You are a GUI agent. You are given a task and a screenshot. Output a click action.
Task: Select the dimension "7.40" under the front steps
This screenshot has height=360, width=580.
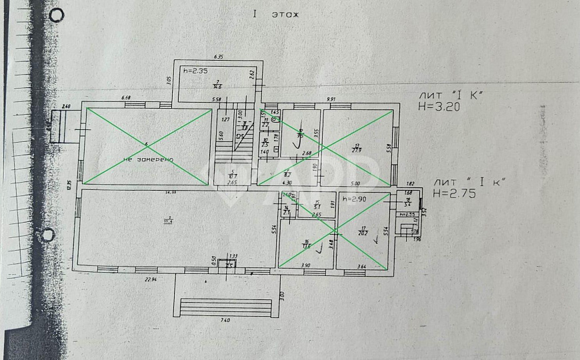[225, 321]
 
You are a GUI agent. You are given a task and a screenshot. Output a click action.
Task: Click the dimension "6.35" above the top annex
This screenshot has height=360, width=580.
[217, 57]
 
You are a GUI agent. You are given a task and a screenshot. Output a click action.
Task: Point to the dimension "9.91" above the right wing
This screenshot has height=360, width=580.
[331, 99]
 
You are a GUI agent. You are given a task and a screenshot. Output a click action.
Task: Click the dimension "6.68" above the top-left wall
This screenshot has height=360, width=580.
[125, 99]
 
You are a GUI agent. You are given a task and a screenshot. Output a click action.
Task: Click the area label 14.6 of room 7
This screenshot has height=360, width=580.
[217, 85]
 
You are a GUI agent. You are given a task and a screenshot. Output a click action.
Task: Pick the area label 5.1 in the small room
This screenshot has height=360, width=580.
[317, 206]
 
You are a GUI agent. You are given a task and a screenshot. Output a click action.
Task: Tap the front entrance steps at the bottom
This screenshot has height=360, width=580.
[225, 307]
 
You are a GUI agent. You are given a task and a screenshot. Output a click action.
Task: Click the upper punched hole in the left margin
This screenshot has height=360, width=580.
[58, 15]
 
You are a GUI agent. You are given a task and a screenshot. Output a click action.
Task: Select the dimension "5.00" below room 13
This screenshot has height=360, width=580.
[355, 183]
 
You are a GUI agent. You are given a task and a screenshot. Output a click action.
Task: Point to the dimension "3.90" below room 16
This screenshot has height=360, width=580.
[305, 265]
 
